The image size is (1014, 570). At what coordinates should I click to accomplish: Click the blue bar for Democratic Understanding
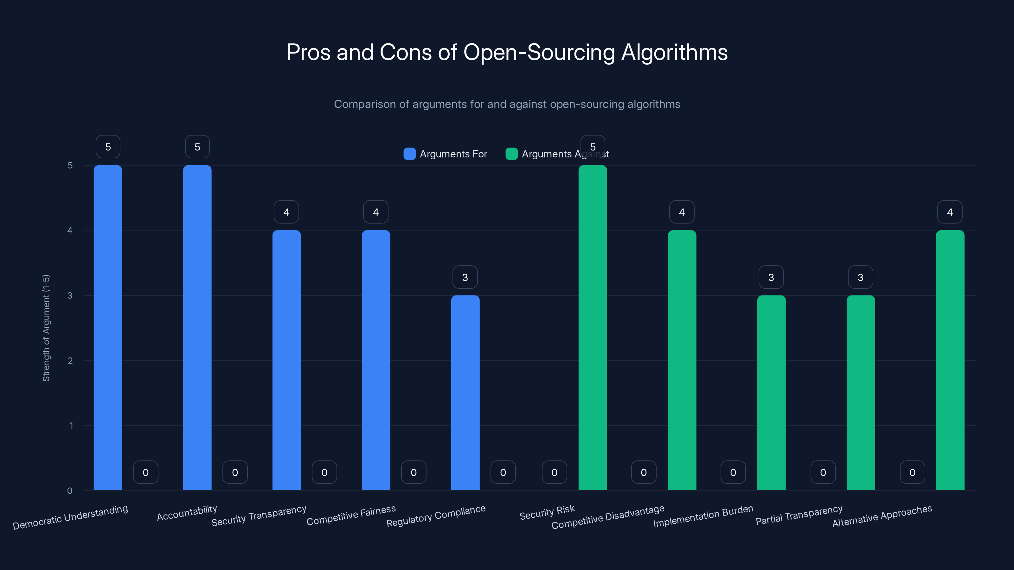pyautogui.click(x=108, y=327)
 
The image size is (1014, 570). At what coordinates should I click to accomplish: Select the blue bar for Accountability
pyautogui.click(x=197, y=327)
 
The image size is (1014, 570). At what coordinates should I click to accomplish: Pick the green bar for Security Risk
pyautogui.click(x=593, y=327)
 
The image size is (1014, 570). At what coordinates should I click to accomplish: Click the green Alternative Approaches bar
pyautogui.click(x=950, y=360)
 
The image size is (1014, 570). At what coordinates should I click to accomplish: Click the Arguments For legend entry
pyautogui.click(x=446, y=154)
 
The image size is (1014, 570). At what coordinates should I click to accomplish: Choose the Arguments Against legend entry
pyautogui.click(x=557, y=154)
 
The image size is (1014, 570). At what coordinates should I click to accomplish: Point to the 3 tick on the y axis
pyautogui.click(x=70, y=295)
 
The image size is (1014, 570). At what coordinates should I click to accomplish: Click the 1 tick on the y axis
pyautogui.click(x=71, y=426)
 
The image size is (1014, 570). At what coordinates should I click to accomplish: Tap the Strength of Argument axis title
pyautogui.click(x=46, y=328)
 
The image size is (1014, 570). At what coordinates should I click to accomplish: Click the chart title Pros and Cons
pyautogui.click(x=507, y=52)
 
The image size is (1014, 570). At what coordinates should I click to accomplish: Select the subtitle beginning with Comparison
pyautogui.click(x=507, y=104)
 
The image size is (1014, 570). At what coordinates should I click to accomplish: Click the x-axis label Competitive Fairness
pyautogui.click(x=351, y=515)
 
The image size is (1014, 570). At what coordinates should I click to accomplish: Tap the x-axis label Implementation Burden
pyautogui.click(x=703, y=516)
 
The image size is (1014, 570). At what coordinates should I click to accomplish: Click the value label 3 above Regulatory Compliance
pyautogui.click(x=465, y=277)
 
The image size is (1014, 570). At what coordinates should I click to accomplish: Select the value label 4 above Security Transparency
pyautogui.click(x=286, y=212)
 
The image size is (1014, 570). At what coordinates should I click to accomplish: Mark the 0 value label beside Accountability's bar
pyautogui.click(x=235, y=472)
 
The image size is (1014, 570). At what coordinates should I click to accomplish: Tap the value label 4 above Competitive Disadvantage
pyautogui.click(x=682, y=212)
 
